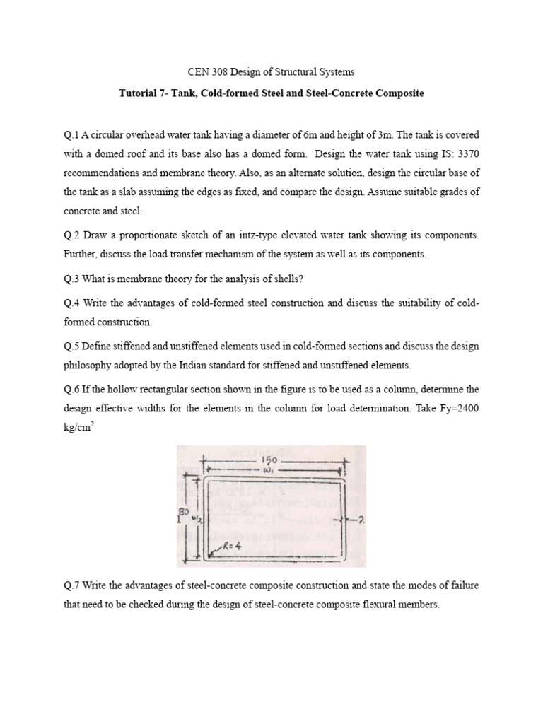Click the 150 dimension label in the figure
point(271,458)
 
